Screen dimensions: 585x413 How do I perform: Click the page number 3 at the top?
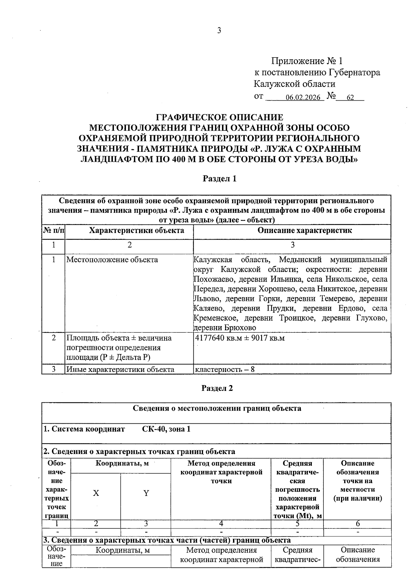[x=219, y=31]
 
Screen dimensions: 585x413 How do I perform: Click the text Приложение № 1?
[x=307, y=61]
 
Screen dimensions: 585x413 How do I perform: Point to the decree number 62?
[x=350, y=98]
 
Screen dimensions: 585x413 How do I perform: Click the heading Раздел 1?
[x=219, y=179]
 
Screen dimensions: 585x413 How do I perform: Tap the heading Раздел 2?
[x=217, y=388]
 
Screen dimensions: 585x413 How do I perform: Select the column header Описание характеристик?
[x=305, y=230]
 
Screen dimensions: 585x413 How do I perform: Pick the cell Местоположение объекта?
[x=112, y=260]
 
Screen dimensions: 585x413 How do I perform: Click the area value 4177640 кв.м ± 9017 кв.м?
[x=240, y=338]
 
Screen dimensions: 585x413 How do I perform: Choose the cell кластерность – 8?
[x=224, y=370]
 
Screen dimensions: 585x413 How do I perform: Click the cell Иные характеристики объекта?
[x=120, y=370]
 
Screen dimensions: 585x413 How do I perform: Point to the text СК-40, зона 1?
[x=166, y=429]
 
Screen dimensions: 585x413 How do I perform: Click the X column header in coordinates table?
[x=96, y=493]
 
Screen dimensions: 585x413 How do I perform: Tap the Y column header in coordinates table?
[x=146, y=493]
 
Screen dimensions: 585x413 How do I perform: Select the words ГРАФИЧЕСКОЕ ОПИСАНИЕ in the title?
[x=220, y=117]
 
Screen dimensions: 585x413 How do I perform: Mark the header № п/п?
[x=53, y=230]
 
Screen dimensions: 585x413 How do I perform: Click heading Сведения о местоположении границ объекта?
[x=217, y=409]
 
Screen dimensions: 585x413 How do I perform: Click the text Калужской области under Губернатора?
[x=294, y=84]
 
